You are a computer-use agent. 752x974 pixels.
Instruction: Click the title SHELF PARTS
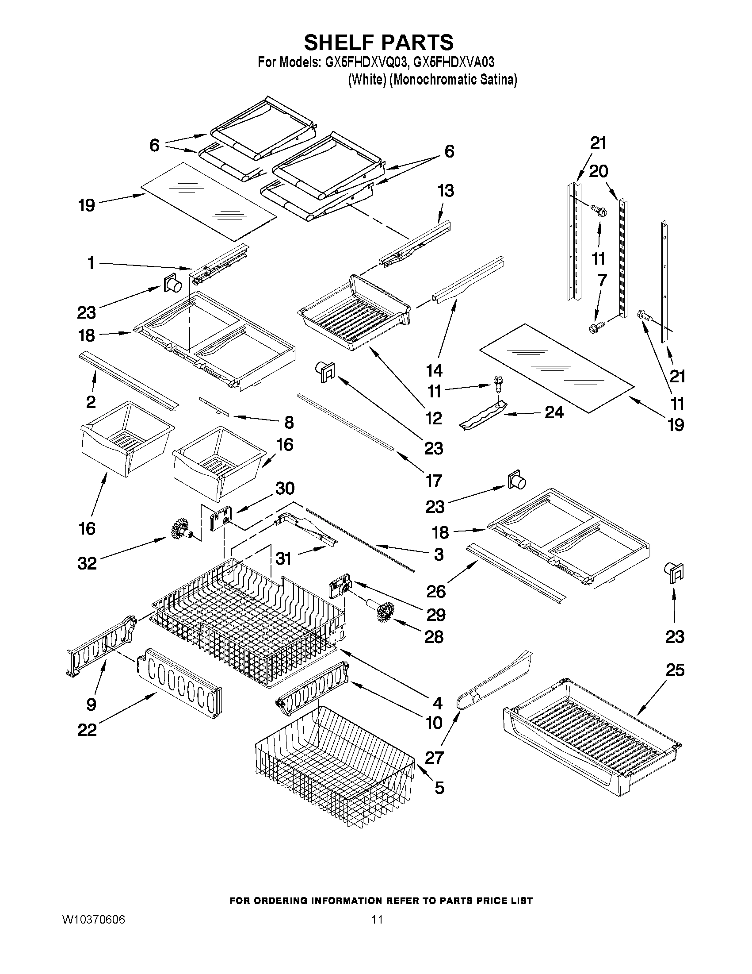click(379, 42)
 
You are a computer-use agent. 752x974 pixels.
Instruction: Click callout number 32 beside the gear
click(87, 563)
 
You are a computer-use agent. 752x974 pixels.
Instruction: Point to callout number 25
click(675, 670)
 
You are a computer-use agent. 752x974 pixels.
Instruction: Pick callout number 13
click(446, 191)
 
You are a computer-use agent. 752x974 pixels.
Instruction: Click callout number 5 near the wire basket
click(439, 788)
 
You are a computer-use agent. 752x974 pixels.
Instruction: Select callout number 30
click(285, 489)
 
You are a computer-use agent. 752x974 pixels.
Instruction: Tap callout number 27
click(433, 757)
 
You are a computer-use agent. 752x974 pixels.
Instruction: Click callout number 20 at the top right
click(598, 171)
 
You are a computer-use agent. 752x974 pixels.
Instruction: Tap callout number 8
click(289, 422)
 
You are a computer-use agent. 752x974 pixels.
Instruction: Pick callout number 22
click(87, 730)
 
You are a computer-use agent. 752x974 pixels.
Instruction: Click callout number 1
click(91, 263)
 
